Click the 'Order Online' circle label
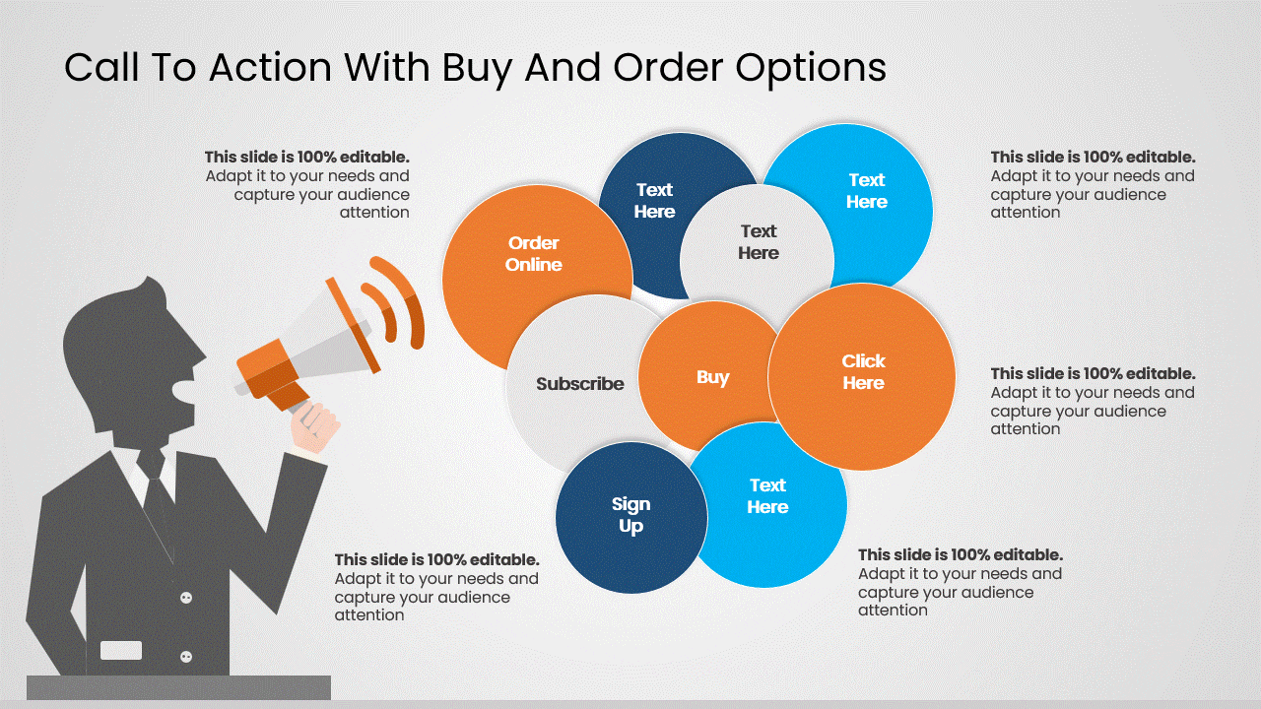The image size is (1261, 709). point(533,254)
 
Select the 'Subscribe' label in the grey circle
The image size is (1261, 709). point(579,384)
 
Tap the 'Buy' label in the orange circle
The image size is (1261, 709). point(712,377)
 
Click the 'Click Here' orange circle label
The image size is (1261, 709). point(863,372)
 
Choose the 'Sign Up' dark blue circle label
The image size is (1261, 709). point(630,515)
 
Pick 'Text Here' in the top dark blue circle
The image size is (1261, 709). point(654,201)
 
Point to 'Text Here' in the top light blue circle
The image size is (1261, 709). point(867,191)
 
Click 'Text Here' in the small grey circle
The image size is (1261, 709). point(758,242)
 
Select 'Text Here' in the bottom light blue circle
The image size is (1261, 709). point(767,496)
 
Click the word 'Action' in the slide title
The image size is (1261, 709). point(260,68)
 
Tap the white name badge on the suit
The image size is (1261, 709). point(121,650)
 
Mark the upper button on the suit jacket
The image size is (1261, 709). point(186,598)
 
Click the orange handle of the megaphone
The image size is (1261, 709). point(288,396)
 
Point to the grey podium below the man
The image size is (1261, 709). point(178,687)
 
